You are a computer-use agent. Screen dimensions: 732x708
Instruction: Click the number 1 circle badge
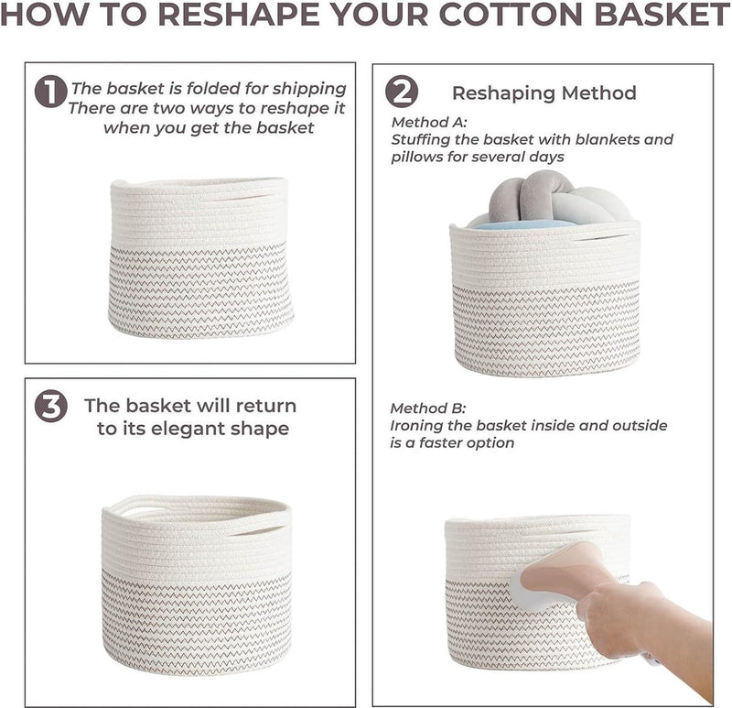pos(50,92)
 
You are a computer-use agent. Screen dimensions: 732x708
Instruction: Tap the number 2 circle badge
pos(402,92)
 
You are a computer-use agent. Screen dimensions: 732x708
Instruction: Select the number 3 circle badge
pos(51,406)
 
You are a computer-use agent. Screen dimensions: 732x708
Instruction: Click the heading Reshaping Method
pos(544,93)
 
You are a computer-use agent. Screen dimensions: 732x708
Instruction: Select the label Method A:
pos(429,122)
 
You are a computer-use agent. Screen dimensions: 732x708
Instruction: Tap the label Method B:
pos(428,408)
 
